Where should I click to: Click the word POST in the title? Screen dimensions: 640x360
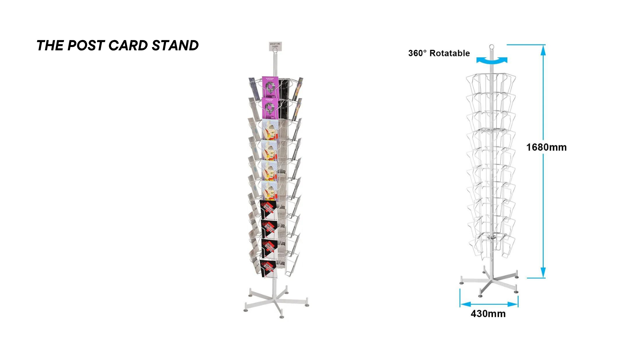[86, 46]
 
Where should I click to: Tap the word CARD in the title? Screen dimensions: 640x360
[128, 46]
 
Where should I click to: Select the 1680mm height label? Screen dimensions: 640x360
[546, 147]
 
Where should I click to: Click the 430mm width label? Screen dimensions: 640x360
[488, 314]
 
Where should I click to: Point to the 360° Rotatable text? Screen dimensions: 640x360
[439, 53]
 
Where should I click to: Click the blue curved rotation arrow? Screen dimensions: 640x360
[492, 61]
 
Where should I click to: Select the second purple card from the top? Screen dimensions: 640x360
[270, 108]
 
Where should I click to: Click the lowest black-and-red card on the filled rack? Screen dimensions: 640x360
[269, 268]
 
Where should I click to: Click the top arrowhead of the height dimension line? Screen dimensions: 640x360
[543, 50]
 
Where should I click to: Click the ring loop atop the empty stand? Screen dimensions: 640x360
[491, 47]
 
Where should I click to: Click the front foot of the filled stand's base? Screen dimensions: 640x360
[282, 316]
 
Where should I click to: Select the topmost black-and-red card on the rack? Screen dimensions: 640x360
[269, 209]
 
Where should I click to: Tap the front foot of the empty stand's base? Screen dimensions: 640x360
[480, 295]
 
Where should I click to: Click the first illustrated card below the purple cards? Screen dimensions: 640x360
[270, 129]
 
